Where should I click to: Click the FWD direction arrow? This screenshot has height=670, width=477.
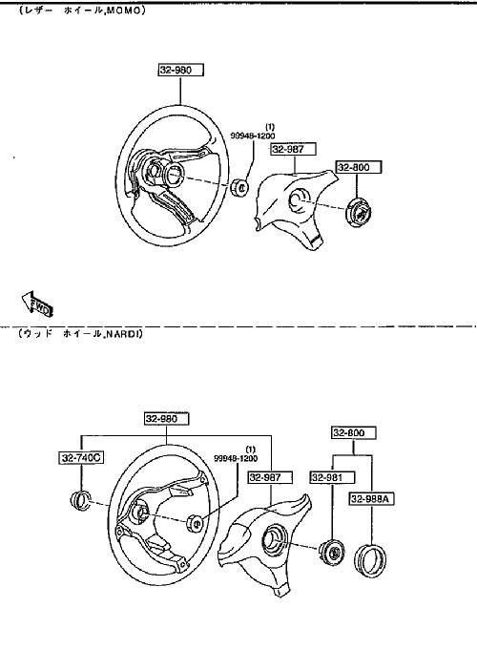[x=37, y=304]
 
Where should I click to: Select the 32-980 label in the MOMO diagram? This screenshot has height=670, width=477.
[x=180, y=70]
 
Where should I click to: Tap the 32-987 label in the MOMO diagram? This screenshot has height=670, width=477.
[x=294, y=149]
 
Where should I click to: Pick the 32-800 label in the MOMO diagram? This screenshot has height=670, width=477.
[x=359, y=167]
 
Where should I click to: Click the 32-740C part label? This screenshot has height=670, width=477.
[x=81, y=457]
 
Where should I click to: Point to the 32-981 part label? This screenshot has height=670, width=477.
[x=332, y=477]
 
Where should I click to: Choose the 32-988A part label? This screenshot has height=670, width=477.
[x=371, y=498]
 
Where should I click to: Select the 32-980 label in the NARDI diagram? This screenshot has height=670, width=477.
[x=166, y=418]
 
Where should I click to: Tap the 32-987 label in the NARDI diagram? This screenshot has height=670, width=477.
[x=270, y=477]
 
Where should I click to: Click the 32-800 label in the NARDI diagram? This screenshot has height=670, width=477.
[x=354, y=433]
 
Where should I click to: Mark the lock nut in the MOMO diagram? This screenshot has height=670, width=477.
[x=239, y=187]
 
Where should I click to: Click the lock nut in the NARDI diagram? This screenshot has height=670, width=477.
[x=195, y=523]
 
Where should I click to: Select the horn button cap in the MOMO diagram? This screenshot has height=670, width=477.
[x=358, y=212]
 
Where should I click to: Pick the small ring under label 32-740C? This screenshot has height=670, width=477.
[x=80, y=501]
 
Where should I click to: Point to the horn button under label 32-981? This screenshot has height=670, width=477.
[x=331, y=552]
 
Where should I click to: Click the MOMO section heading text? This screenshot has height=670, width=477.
[x=82, y=11]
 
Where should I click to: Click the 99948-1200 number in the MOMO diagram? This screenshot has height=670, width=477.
[x=253, y=136]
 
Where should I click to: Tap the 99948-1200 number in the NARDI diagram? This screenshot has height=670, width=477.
[x=236, y=458]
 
